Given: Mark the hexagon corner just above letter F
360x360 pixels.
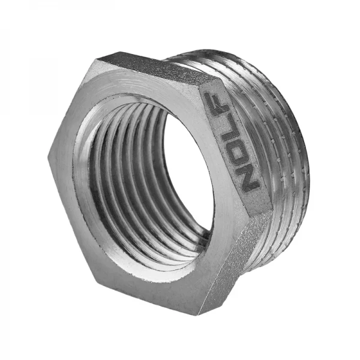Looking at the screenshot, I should tap(204, 84).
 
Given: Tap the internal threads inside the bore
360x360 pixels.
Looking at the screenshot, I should tap(120, 180).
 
